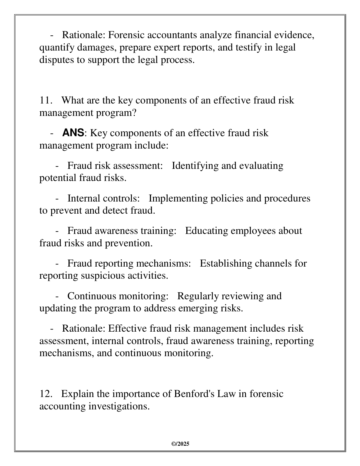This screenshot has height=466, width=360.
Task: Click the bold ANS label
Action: pyautogui.click(x=73, y=133)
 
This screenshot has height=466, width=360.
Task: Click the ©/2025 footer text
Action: pyautogui.click(x=180, y=444)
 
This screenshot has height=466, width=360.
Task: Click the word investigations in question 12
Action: pyautogui.click(x=119, y=406)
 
